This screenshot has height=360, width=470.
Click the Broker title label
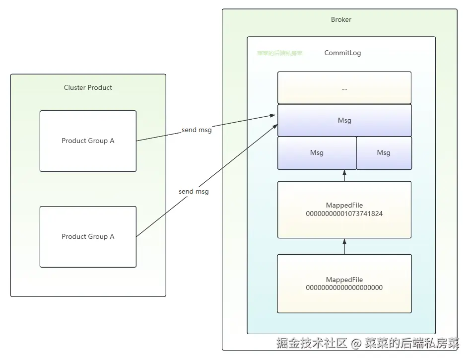[341, 20]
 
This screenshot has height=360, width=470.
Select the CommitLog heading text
[342, 53]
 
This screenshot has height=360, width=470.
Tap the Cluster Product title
[88, 88]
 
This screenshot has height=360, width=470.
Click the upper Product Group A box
[88, 141]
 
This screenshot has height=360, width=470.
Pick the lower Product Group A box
[88, 237]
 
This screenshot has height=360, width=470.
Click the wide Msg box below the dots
[344, 121]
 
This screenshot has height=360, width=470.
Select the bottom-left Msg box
[317, 153]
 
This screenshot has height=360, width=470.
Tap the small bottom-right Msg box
[384, 153]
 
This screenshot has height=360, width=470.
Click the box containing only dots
[344, 88]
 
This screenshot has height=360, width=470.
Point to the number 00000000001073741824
[344, 214]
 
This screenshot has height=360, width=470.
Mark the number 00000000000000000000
[344, 288]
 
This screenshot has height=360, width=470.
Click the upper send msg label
[197, 130]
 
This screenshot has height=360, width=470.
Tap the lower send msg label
[194, 191]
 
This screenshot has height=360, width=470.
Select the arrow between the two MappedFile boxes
[344, 246]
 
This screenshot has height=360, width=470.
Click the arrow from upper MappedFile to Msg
[344, 175]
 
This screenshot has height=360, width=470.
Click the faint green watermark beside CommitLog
[279, 53]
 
